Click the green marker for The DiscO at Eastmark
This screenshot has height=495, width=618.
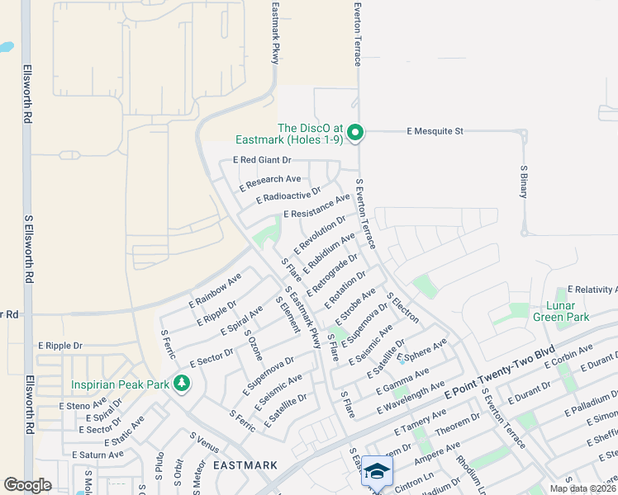(x=355, y=133)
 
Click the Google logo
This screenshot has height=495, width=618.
(x=27, y=485)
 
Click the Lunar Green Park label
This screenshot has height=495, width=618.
(x=561, y=312)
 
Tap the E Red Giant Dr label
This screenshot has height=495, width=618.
(x=263, y=160)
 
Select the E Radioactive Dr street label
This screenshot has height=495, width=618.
(x=288, y=196)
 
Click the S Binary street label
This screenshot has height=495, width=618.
(x=523, y=181)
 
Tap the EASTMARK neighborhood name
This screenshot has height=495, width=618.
(x=245, y=465)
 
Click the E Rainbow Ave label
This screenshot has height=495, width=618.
(x=214, y=290)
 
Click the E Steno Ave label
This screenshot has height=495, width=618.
(x=83, y=405)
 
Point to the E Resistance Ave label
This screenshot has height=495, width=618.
(x=316, y=207)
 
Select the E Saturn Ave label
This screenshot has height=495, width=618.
(x=97, y=455)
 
